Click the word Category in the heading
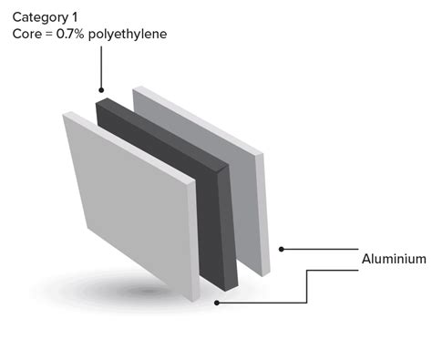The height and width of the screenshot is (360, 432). coord(39,15)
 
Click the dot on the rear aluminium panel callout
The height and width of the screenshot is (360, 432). coord(283,248)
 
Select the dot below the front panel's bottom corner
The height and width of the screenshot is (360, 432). coord(216,303)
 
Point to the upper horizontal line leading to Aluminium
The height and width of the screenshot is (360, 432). coord(319,248)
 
